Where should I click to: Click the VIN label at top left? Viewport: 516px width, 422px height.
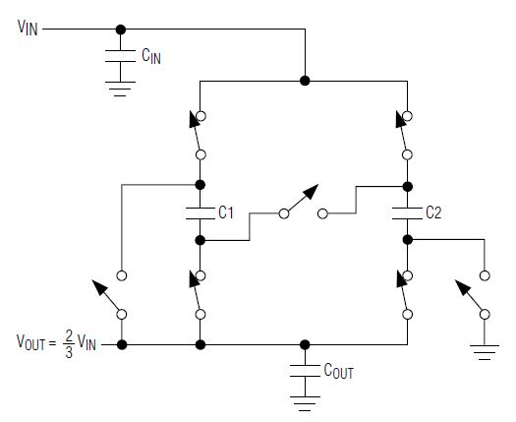28,28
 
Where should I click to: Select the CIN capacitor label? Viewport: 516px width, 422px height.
151,56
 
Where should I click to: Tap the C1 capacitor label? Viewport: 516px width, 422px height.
226,212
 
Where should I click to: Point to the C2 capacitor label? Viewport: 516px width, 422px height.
433,212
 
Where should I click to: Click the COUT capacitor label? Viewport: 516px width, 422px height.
338,371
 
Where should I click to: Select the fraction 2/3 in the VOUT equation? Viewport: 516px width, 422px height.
69,344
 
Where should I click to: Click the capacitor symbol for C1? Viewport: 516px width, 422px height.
201,213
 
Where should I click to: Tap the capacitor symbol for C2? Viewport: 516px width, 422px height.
408,213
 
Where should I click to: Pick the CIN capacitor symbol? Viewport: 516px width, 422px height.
121,56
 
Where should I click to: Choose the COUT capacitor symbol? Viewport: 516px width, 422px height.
305,371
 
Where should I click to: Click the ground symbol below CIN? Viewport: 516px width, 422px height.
121,89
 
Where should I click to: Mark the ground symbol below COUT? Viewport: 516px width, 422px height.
305,404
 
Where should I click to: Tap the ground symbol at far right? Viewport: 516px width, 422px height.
485,352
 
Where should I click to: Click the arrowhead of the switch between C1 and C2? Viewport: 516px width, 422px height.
311,191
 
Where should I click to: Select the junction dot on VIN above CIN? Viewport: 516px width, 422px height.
121,30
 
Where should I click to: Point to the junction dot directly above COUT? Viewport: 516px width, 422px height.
305,345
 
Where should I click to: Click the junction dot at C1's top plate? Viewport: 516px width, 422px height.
201,185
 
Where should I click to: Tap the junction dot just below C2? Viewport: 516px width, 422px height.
408,239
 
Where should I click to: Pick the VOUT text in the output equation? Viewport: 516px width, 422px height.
30,342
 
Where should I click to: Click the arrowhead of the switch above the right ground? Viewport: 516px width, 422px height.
462,287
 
